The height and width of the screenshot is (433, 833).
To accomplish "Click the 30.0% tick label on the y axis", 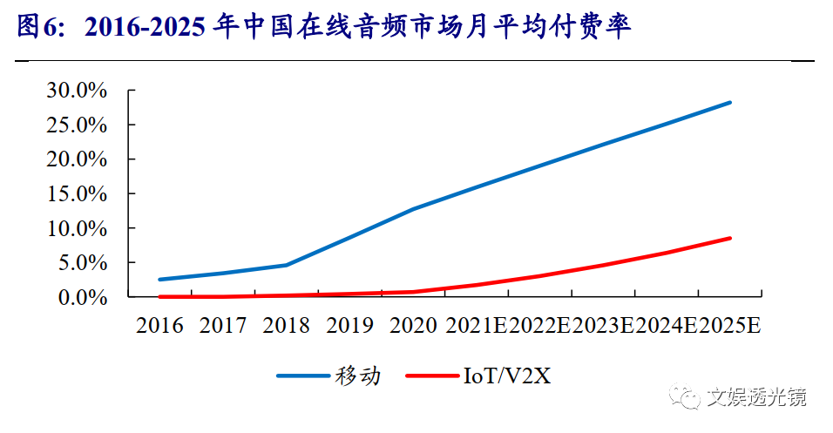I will click(x=77, y=91).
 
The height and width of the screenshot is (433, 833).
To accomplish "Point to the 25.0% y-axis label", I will click(x=77, y=125).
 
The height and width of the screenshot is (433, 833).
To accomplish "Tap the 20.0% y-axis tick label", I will click(x=77, y=159).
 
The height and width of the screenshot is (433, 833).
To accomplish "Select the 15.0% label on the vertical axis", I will click(x=77, y=193).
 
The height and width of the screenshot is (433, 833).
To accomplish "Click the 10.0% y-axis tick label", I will click(x=77, y=228).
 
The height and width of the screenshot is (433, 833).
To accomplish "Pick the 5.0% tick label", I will click(x=83, y=262).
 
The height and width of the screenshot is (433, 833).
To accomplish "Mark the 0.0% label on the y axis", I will click(x=83, y=297).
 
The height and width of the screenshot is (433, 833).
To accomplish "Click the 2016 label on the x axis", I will click(x=159, y=326).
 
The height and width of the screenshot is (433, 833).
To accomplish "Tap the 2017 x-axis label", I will click(x=223, y=326).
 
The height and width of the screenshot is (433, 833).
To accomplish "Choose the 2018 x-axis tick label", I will click(x=287, y=326).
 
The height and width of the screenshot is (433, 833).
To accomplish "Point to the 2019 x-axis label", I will click(x=350, y=326).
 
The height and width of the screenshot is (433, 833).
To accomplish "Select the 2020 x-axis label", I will click(x=414, y=326).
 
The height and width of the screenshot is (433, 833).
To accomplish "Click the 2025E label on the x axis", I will click(x=731, y=326).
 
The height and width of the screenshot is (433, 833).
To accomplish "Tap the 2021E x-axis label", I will click(x=477, y=326).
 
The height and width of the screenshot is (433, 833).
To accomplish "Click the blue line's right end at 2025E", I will click(x=730, y=103).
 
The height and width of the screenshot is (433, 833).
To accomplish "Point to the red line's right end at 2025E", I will click(x=730, y=238).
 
